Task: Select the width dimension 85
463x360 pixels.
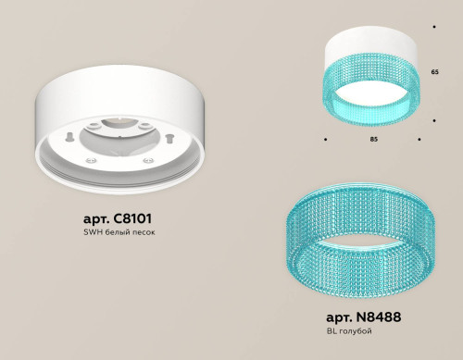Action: point(372,140)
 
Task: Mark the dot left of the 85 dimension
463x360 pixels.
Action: point(325,140)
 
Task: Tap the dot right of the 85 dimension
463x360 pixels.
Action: point(420,140)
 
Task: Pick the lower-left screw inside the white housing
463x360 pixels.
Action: point(92,158)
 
